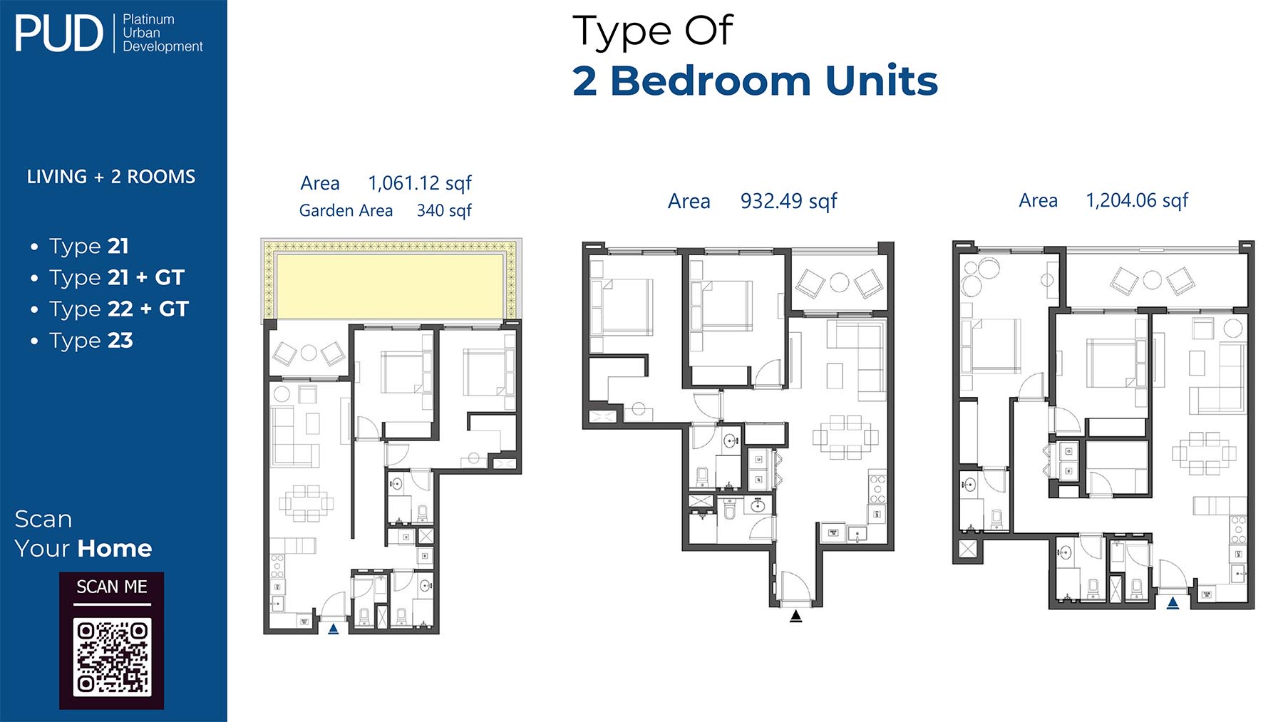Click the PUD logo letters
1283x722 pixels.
[59, 33]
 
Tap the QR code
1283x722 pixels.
[112, 656]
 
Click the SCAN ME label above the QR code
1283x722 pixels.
[112, 587]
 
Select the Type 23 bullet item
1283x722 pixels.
[91, 341]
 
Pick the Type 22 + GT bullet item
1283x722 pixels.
[119, 309]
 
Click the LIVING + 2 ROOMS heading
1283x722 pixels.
[111, 177]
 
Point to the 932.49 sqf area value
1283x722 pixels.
[788, 202]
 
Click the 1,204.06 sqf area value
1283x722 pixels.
[1137, 201]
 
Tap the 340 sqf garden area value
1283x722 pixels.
[444, 211]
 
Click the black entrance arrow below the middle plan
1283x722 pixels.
[796, 617]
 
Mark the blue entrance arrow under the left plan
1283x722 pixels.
[333, 629]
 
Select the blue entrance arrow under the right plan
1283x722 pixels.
[1173, 603]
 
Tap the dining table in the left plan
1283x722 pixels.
[306, 503]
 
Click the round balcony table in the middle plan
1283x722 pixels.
[840, 282]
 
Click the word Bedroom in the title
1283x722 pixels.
[711, 81]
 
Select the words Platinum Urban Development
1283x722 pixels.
[163, 33]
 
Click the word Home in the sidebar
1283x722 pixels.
[115, 548]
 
